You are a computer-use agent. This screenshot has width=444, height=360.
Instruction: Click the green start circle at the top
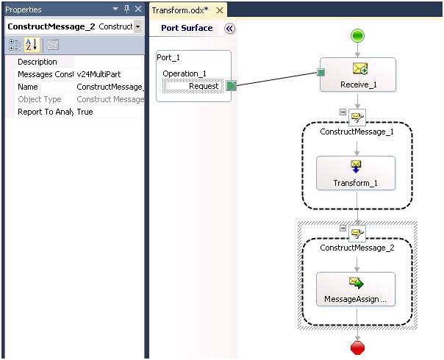coord(357,35)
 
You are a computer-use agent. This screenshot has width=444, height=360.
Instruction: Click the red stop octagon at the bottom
coord(357,347)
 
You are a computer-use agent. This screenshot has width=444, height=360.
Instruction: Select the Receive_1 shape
coord(357,74)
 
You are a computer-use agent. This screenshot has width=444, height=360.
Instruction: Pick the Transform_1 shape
coord(356,173)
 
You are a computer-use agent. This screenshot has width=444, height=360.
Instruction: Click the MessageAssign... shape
coord(356,289)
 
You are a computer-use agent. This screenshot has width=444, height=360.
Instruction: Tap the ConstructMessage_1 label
coord(357,132)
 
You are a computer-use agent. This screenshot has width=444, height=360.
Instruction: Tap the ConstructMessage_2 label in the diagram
coord(357,248)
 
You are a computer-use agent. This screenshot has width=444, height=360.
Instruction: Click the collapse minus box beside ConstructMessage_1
coord(343,112)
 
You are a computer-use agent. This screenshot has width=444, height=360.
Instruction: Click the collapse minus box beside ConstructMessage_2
coord(343,228)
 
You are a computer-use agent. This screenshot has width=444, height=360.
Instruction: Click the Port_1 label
coord(168,57)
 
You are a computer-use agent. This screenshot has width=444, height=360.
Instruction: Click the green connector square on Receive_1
coord(321,72)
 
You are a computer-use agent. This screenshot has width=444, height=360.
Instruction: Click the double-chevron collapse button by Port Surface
coord(229,29)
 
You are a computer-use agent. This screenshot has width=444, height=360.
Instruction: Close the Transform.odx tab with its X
coord(219,10)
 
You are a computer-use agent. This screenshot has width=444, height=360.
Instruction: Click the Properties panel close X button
coord(137,10)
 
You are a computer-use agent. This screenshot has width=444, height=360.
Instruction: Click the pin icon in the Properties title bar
coord(126,10)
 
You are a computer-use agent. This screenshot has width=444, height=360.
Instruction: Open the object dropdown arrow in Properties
coord(138,26)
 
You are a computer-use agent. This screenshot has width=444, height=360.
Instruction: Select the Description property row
coord(37,62)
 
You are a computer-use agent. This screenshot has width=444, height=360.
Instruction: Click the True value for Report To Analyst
coord(85,112)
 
